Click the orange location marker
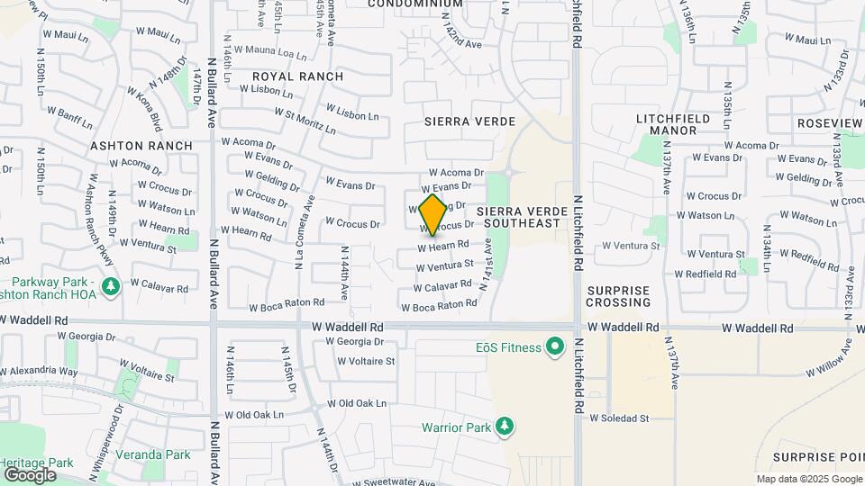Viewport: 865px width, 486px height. (x=432, y=214)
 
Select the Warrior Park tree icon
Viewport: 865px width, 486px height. (x=505, y=426)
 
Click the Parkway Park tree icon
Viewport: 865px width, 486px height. (x=111, y=286)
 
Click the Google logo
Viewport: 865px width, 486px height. (x=29, y=474)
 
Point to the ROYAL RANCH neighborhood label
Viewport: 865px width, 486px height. (x=297, y=76)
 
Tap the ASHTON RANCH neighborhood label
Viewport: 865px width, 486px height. (x=141, y=146)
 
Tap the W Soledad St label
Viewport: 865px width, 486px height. (x=619, y=418)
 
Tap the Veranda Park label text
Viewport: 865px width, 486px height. (x=166, y=454)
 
